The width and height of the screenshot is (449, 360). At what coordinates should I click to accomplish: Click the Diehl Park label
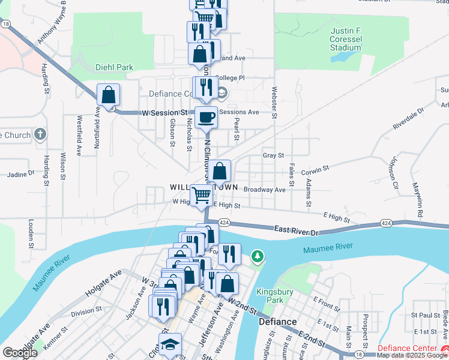click(x=114, y=67)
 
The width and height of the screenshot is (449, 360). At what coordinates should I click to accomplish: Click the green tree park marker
click(x=258, y=257)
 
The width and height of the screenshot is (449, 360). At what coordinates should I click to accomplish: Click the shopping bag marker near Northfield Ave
click(x=108, y=95)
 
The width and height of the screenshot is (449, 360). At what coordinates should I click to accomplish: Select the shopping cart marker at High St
click(x=201, y=195)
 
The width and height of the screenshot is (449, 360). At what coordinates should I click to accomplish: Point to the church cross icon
click(x=40, y=134)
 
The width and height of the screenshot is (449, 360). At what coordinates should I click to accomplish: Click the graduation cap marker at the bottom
click(x=170, y=345)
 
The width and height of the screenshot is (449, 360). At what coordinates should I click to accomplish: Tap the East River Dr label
click(x=297, y=230)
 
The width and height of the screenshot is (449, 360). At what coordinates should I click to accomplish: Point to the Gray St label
click(x=273, y=155)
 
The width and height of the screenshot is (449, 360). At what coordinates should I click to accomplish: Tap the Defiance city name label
click(x=278, y=322)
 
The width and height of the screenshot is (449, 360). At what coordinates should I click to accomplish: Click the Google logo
click(x=20, y=353)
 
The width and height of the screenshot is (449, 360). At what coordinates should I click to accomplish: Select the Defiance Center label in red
click(x=411, y=349)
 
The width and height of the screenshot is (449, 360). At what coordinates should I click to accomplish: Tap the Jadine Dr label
click(x=20, y=175)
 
